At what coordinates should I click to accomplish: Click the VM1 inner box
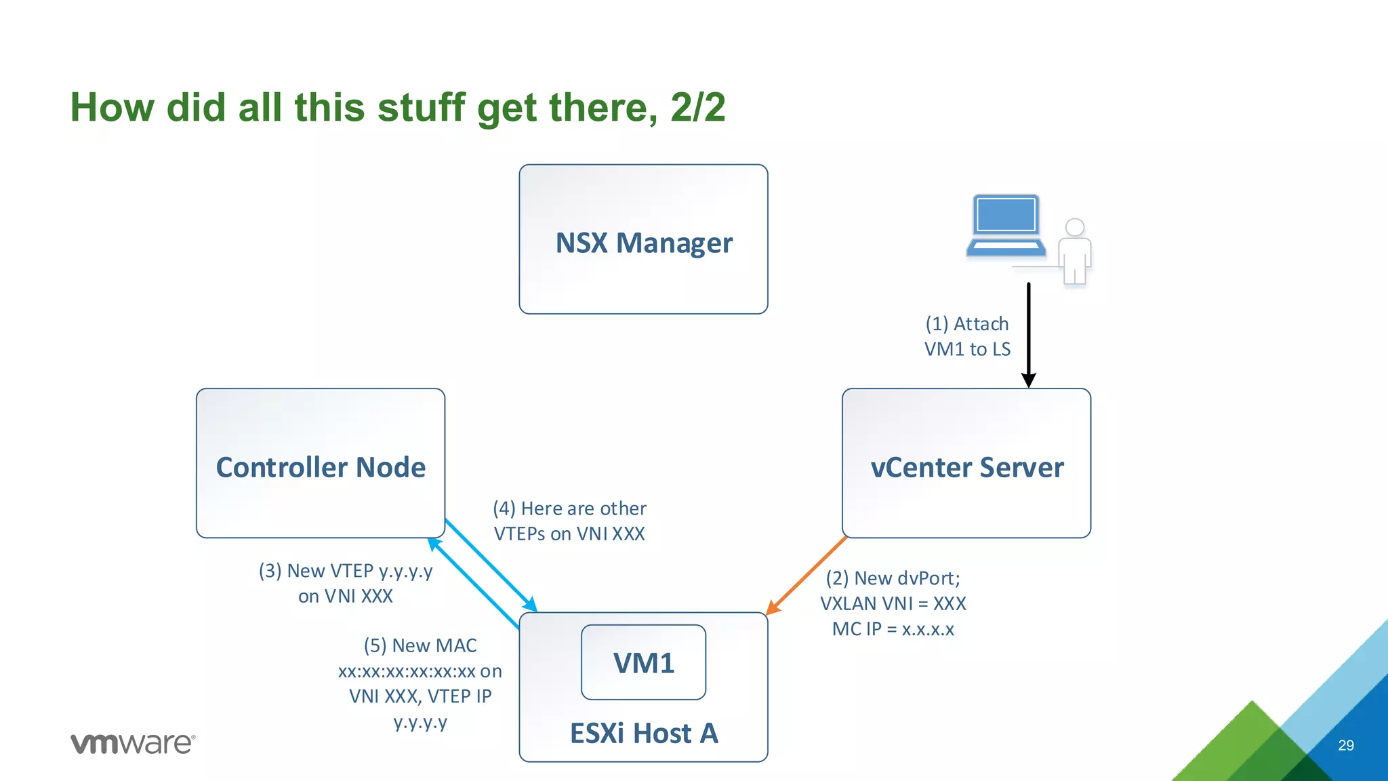pos(643,662)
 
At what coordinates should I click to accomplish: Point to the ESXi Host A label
pos(643,734)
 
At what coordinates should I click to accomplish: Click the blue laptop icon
pos(1006,225)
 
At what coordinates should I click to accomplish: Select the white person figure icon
pos(1075,251)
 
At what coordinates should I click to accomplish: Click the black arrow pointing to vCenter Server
pos(1029,332)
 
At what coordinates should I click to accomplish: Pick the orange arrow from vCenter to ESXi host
pos(807,576)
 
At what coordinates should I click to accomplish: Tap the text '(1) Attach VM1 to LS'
pos(967,336)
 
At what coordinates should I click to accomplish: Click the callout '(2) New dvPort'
pos(893,578)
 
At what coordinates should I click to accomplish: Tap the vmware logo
pos(133,743)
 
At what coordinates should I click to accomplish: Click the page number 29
pos(1345,745)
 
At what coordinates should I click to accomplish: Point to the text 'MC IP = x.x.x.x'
pos(893,629)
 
